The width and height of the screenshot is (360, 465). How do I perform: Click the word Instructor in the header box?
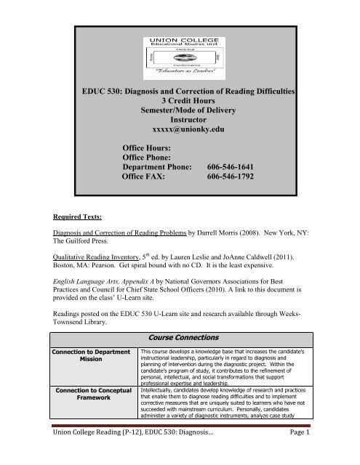tap(179, 130)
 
